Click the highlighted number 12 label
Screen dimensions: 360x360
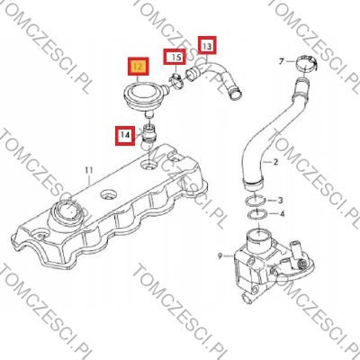[139, 67]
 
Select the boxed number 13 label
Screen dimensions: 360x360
[207, 45]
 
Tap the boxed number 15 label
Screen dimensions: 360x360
[175, 57]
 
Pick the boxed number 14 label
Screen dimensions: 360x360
[125, 135]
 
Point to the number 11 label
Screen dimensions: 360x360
[89, 170]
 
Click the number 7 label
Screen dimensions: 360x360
[281, 62]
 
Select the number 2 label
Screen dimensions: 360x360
[275, 162]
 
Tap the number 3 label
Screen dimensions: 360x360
[280, 200]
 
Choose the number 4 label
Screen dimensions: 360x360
[282, 214]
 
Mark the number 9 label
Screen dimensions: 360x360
[220, 256]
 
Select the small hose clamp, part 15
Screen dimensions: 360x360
[176, 81]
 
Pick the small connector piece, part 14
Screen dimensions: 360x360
[149, 132]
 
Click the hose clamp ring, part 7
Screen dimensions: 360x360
[307, 64]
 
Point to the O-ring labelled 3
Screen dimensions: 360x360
[255, 200]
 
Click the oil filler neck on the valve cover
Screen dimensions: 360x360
[66, 215]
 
